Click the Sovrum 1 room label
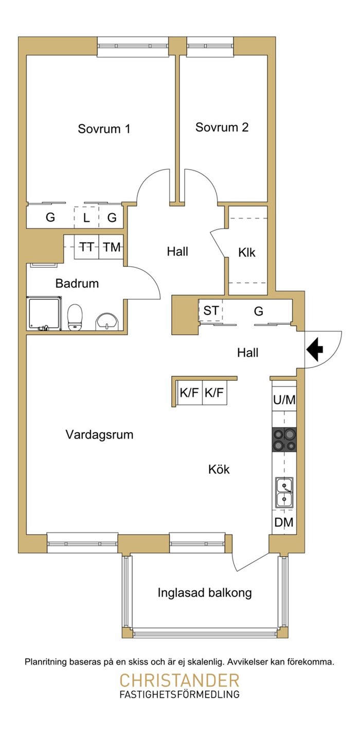pos(104,128)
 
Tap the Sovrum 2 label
pos(222,127)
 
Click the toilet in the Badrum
pos(75,317)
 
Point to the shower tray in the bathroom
pos(44,313)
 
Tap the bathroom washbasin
pos(106,321)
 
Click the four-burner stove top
pos(284,439)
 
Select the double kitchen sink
pos(284,493)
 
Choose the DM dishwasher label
pos(284,522)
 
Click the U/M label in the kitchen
pos(284,400)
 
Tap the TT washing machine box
pos(86,247)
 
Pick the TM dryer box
pos(112,247)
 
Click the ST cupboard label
pos(211,310)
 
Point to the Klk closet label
pos(247,253)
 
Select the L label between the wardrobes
pos(86,217)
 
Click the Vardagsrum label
pos(99,435)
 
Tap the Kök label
pos(219,469)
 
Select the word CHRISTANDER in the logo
pos(179,681)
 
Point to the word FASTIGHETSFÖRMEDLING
pos(179,694)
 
